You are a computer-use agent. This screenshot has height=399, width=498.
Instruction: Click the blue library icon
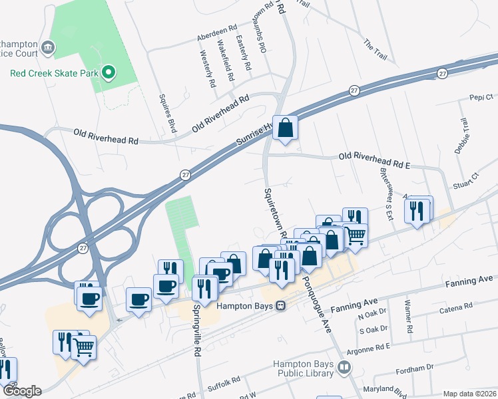[x=344, y=367]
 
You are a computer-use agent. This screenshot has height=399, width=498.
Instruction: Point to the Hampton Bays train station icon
[x=281, y=306]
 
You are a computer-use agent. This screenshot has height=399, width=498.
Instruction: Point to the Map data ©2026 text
[x=469, y=394]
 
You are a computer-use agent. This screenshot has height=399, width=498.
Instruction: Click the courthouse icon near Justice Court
[x=48, y=47]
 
